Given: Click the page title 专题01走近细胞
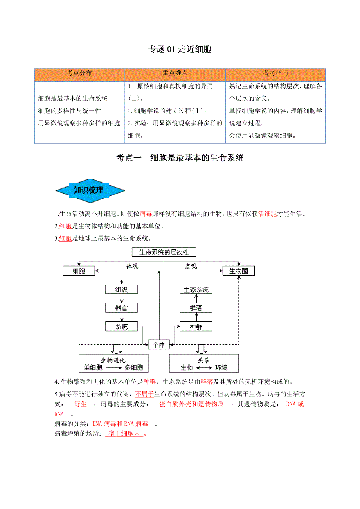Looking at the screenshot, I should click(180, 49).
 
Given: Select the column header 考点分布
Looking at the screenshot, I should click(79, 73).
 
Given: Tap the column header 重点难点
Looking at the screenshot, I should click(175, 73).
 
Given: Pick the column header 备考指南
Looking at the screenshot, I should click(275, 73).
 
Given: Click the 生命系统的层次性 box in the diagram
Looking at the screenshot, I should click(164, 252).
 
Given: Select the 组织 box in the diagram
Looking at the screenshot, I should click(121, 289).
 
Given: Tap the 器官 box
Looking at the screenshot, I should click(121, 308).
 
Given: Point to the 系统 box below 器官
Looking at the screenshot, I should click(121, 326).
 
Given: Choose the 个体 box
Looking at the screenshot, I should click(159, 344).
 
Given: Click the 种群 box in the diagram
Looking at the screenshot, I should click(196, 326).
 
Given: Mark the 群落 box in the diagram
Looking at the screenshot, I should click(196, 308).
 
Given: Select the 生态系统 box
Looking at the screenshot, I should click(196, 289).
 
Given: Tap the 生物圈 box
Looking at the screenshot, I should click(238, 271).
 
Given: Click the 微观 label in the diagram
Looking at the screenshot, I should click(132, 266).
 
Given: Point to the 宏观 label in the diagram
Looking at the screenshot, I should click(191, 266).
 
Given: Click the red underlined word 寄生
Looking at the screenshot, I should click(80, 404).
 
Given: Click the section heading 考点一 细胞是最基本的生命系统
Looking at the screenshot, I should click(180, 158).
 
